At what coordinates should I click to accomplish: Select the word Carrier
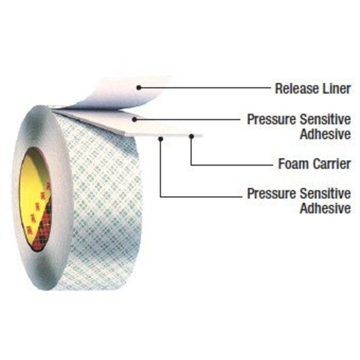coord(332,164)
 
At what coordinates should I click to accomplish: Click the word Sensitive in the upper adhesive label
coord(326,119)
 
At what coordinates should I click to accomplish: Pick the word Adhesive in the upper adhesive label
coord(325,134)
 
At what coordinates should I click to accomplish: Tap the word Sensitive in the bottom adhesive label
coord(326,194)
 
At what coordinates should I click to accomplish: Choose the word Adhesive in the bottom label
coord(325,208)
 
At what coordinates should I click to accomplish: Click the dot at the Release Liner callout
coord(139,88)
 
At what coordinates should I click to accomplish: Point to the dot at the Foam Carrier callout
coord(191,137)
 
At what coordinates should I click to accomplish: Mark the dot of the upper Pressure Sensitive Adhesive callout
coord(135,119)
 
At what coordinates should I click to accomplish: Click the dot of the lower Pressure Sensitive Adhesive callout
coord(161,139)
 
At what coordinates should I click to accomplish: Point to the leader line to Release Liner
coord(205,88)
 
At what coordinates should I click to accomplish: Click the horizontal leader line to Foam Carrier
coord(232,165)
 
